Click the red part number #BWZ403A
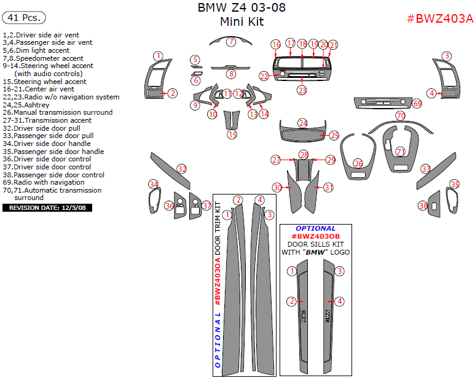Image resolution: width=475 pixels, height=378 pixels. [x=440, y=18]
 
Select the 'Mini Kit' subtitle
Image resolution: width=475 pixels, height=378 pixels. [x=241, y=22]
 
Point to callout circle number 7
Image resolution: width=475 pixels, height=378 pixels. [x=230, y=42]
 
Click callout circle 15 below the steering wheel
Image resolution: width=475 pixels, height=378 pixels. [x=232, y=134]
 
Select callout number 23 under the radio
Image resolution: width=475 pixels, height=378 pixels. [x=302, y=90]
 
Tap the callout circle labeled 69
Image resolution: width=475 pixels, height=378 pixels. [x=417, y=104]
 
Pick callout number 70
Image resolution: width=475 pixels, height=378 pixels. [x=401, y=115]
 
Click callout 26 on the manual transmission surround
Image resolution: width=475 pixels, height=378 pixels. [x=358, y=163]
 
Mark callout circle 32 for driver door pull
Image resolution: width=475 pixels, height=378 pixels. [x=182, y=169]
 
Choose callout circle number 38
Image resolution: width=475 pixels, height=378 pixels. [x=423, y=206]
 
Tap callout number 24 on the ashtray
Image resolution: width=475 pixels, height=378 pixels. [x=302, y=123]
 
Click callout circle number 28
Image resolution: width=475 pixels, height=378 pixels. [x=304, y=155]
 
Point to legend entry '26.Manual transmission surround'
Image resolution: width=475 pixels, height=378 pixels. [x=58, y=113]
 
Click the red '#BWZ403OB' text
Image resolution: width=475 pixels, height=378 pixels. [x=315, y=236]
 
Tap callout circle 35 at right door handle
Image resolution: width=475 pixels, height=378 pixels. [x=455, y=184]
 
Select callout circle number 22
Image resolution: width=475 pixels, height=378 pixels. [x=264, y=76]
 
